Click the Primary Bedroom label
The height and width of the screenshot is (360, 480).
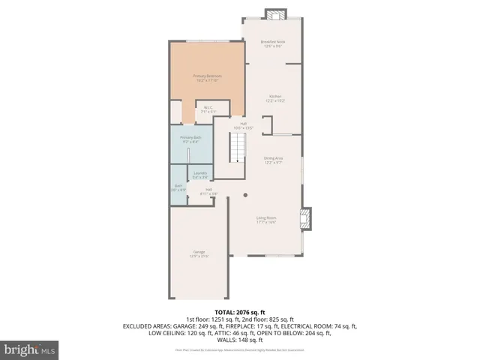208,76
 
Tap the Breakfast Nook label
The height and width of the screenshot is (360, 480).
273,42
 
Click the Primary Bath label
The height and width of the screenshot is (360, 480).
190,137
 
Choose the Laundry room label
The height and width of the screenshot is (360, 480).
200,173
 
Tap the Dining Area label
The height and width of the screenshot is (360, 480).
273,157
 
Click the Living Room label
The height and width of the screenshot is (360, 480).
266,217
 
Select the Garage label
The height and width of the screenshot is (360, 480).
199,251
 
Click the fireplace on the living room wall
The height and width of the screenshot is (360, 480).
304,219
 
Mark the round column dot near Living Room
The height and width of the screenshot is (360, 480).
244,194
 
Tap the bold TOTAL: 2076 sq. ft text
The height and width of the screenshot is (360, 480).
240,311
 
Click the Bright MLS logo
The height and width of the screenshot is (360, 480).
30,349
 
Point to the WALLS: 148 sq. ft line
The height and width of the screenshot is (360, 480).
240,338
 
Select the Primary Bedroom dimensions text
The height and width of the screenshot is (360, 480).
208,80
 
